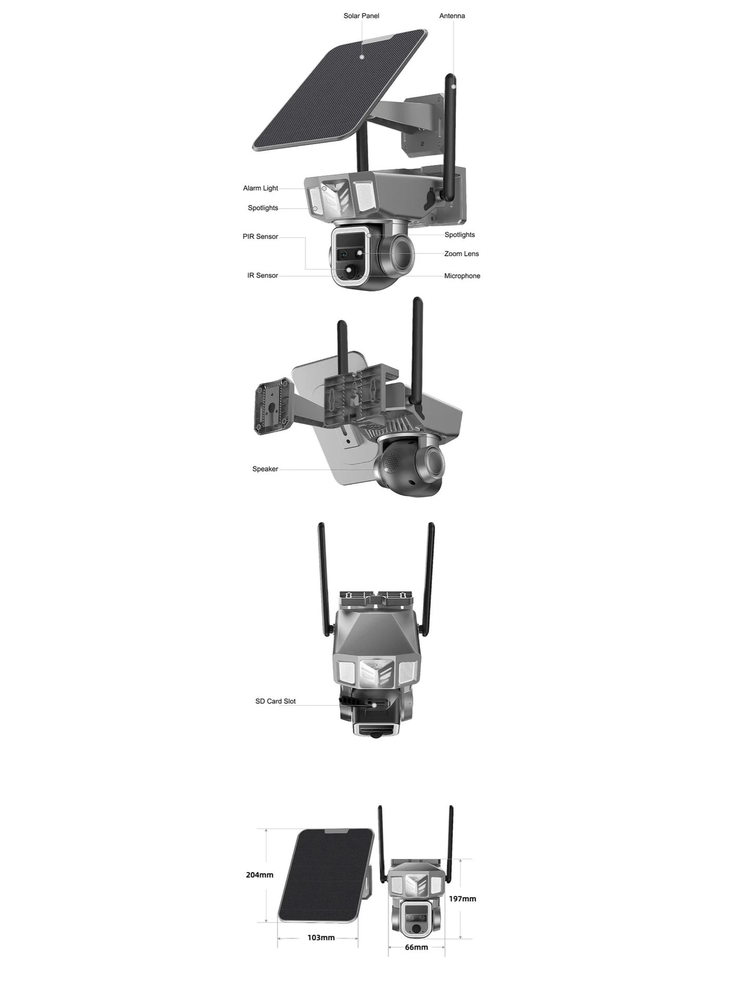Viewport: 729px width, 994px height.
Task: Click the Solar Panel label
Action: pyautogui.click(x=361, y=16)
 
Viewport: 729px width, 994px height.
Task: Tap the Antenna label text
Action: pyautogui.click(x=452, y=16)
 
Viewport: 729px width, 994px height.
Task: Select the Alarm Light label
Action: pyautogui.click(x=260, y=188)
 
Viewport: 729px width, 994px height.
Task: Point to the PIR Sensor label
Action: pyautogui.click(x=260, y=237)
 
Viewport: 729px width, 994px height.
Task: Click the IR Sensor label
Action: pyautogui.click(x=262, y=276)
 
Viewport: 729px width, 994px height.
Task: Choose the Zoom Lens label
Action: pyautogui.click(x=461, y=254)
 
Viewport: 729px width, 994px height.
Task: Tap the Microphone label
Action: pyautogui.click(x=462, y=276)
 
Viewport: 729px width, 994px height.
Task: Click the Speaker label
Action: pyautogui.click(x=265, y=469)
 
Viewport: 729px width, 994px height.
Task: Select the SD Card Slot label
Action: pyautogui.click(x=275, y=702)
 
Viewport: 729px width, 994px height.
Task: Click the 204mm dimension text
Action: pyautogui.click(x=259, y=875)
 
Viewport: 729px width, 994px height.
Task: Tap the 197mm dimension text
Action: pyautogui.click(x=462, y=899)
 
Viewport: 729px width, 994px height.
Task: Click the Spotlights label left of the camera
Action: pyautogui.click(x=263, y=208)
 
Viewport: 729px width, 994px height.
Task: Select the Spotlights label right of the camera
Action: pyautogui.click(x=460, y=235)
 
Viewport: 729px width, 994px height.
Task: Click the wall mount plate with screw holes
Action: pyautogui.click(x=271, y=406)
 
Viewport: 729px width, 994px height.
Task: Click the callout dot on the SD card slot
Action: pyautogui.click(x=375, y=706)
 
